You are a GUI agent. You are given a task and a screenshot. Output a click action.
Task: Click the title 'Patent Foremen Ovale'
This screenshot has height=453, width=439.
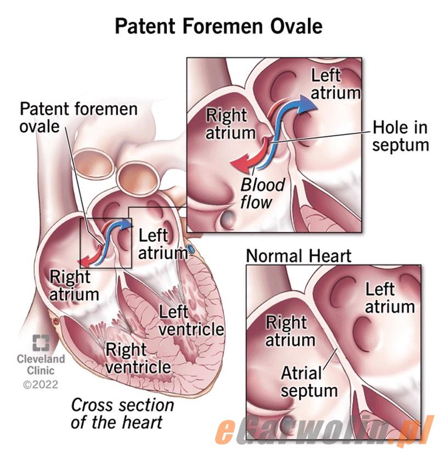(x=218, y=26)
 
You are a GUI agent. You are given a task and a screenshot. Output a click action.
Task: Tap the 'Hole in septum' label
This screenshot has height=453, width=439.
(x=400, y=136)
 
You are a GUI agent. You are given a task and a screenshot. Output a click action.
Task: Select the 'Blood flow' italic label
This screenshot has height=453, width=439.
(x=262, y=193)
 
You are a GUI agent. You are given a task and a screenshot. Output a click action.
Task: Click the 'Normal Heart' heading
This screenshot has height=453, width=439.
(x=299, y=256)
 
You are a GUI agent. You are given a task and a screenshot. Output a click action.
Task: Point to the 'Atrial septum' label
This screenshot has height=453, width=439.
(x=309, y=382)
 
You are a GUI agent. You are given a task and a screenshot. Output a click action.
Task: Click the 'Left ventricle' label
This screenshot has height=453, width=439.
(x=191, y=321)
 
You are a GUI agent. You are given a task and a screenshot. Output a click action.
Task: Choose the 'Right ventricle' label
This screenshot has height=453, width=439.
(x=138, y=358)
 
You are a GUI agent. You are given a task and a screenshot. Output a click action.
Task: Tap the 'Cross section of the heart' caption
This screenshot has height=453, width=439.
(x=122, y=413)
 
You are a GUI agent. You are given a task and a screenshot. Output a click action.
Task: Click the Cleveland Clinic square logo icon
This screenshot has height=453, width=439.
(x=41, y=343)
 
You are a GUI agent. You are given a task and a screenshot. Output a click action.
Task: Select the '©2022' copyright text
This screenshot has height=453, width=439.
(x=41, y=384)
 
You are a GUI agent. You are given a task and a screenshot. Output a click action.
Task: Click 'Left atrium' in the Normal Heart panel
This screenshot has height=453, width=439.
(x=390, y=298)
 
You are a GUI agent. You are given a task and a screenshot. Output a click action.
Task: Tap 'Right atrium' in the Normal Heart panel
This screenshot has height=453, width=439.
(x=290, y=331)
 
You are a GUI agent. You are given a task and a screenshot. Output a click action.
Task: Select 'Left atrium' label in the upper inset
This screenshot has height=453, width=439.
(x=336, y=84)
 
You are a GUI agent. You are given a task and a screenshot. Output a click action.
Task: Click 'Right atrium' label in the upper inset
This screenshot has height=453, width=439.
(x=230, y=124)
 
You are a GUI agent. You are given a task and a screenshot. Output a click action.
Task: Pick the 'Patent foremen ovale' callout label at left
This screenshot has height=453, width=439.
(x=78, y=118)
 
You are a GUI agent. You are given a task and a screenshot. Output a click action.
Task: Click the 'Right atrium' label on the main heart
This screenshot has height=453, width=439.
(x=74, y=286)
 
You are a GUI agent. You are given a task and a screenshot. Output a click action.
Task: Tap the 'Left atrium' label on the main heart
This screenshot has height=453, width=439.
(x=163, y=244)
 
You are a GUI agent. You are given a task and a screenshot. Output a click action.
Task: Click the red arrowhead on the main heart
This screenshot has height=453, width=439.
(x=85, y=261)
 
